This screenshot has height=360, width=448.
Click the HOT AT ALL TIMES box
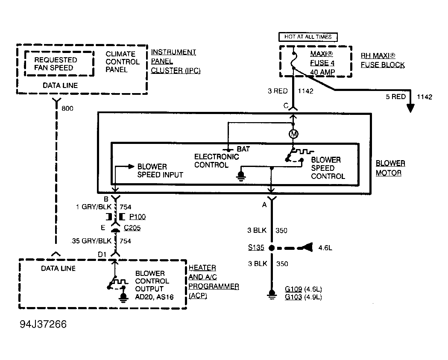pyautogui.click(x=308, y=37)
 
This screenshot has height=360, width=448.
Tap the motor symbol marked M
pyautogui.click(x=293, y=134)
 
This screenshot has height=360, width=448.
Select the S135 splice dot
pyautogui.click(x=272, y=248)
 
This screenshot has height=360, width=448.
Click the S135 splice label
pyautogui.click(x=256, y=247)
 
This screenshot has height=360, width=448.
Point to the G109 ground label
pyautogui.click(x=293, y=289)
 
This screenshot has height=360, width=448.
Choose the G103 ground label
pyautogui.click(x=293, y=297)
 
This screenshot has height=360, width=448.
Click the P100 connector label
pyautogui.click(x=138, y=217)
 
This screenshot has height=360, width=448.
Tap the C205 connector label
pyautogui.click(x=132, y=228)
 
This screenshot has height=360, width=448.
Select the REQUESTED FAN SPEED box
pyautogui.click(x=59, y=64)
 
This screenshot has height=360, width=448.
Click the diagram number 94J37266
pyautogui.click(x=43, y=324)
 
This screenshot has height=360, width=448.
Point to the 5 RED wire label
pyautogui.click(x=396, y=97)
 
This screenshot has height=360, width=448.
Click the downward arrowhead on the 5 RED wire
pyautogui.click(x=410, y=108)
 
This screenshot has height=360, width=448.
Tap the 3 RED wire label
pyautogui.click(x=278, y=91)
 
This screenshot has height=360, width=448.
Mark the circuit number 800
pyautogui.click(x=67, y=108)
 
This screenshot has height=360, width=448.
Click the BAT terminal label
pyautogui.click(x=243, y=149)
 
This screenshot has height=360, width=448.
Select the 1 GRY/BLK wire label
pyautogui.click(x=94, y=207)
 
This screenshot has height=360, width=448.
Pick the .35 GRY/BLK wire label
pyautogui.click(x=91, y=241)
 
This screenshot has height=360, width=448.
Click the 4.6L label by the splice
pyautogui.click(x=325, y=248)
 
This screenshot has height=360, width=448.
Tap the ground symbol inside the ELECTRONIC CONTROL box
pyautogui.click(x=241, y=176)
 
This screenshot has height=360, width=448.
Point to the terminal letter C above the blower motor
pyautogui.click(x=286, y=106)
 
